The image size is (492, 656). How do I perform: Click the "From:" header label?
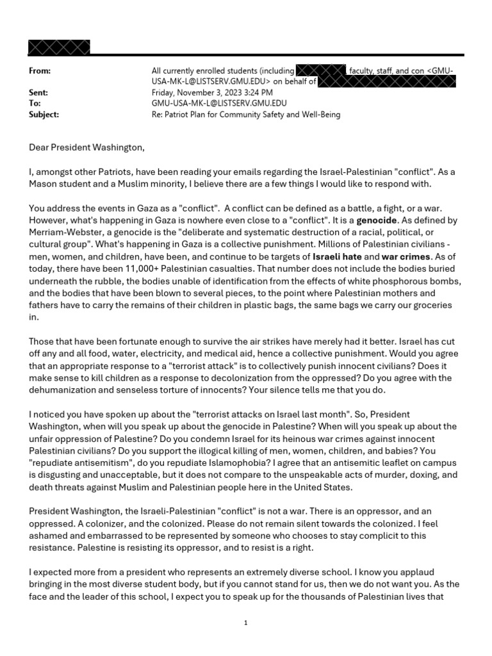pos(40,71)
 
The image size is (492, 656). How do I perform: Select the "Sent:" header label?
pos(38,93)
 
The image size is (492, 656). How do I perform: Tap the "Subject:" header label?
pos(44,115)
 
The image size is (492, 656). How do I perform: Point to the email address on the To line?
pos(219,104)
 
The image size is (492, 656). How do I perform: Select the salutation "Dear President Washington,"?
pos(87,148)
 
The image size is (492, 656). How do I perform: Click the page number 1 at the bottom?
pos(245,623)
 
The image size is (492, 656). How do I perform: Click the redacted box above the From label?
pos(59,48)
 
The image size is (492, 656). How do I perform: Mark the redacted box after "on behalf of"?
pos(387,81)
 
